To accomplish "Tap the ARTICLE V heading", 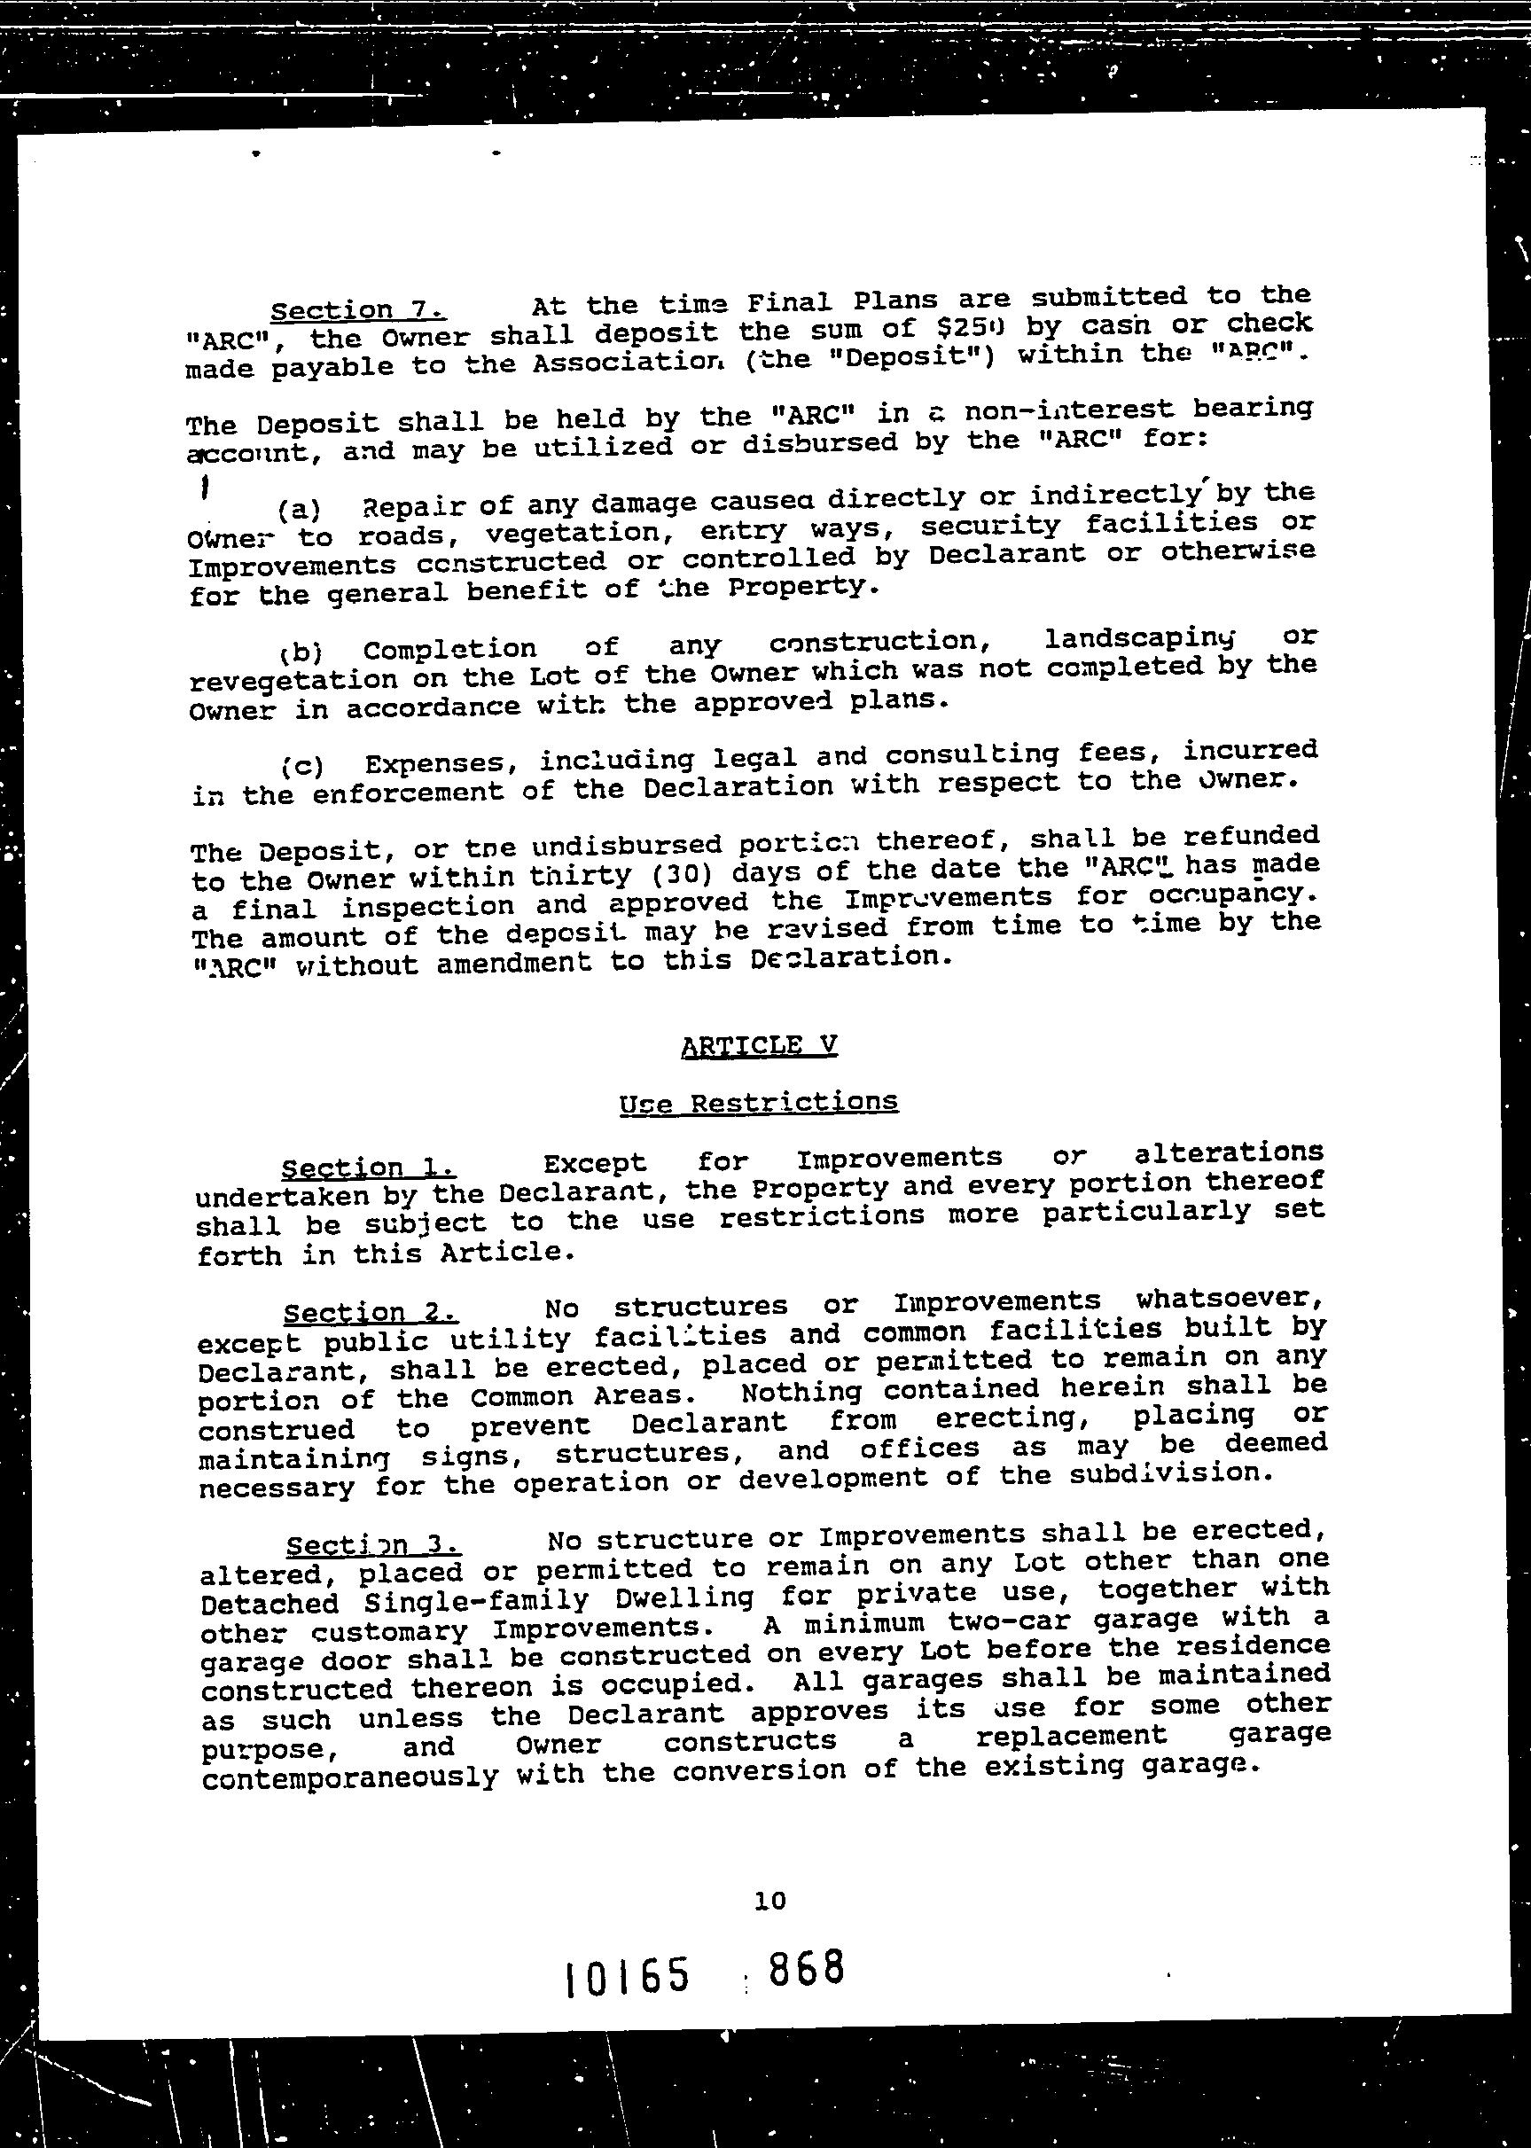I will pos(759,1045).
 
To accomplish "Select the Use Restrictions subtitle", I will pos(759,1102).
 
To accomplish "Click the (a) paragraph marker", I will pos(299,510).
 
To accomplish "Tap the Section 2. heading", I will pos(371,1313).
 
